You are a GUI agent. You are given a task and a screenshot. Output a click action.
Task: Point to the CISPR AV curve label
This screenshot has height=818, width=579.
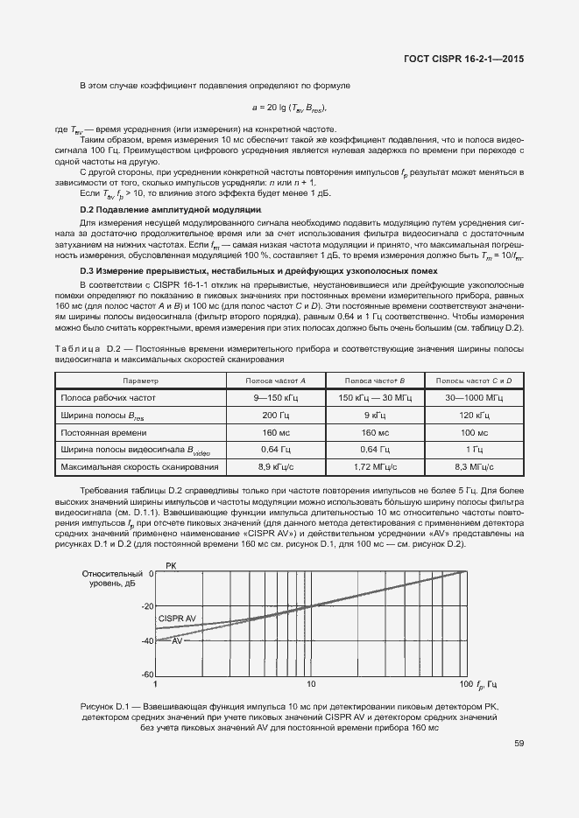pos(177,619)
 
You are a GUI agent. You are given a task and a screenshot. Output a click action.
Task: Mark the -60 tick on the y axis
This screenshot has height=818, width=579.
pos(146,675)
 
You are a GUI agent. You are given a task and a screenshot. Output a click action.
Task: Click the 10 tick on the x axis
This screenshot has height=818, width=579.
pos(311,683)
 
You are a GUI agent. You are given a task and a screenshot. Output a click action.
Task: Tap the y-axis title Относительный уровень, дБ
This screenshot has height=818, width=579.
pos(107,578)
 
